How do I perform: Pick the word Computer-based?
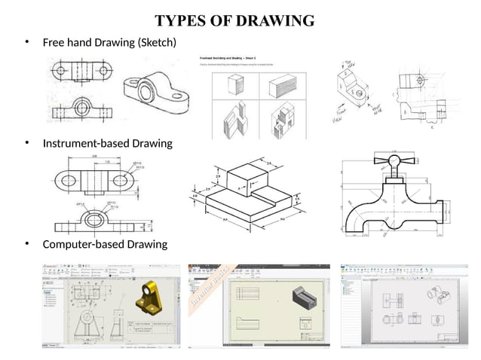click(x=83, y=245)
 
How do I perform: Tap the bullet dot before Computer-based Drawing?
click(x=27, y=245)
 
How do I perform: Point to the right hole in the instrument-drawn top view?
click(x=121, y=181)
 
